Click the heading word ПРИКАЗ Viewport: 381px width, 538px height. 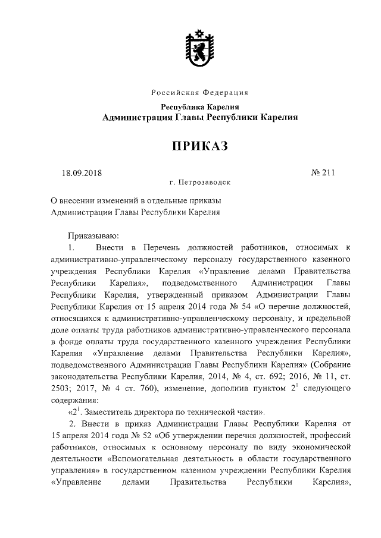(x=200, y=146)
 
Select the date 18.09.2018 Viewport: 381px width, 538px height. (x=82, y=173)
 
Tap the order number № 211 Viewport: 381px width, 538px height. (x=323, y=173)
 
